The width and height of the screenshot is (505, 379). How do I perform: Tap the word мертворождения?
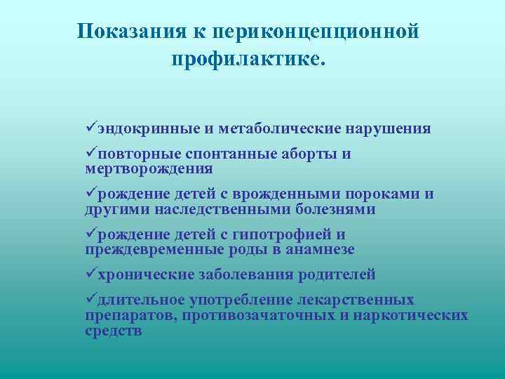149,169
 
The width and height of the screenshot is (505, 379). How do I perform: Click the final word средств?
113,331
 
